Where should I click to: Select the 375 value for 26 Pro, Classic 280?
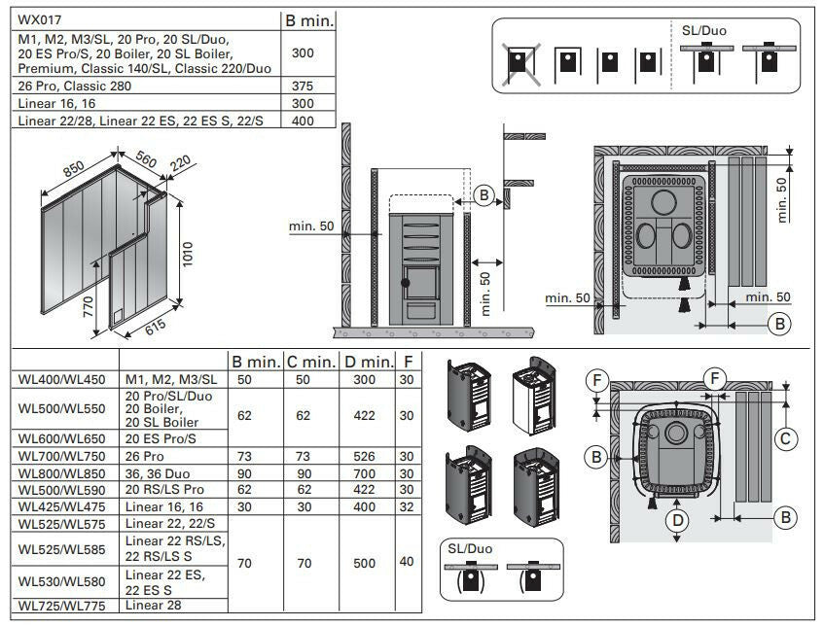click(303, 86)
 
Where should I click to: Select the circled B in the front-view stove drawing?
click(486, 195)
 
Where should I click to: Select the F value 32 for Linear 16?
click(406, 504)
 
